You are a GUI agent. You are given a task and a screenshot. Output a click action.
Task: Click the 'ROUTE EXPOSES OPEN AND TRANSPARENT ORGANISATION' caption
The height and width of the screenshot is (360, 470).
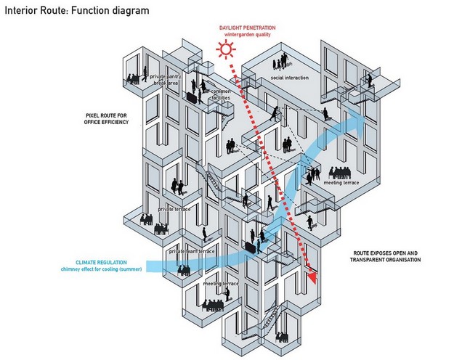coord(384,256)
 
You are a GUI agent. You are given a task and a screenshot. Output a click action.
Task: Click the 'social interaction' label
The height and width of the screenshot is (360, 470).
coord(289,78)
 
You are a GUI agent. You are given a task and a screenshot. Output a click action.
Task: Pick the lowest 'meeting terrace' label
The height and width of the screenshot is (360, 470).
coord(221,283)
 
